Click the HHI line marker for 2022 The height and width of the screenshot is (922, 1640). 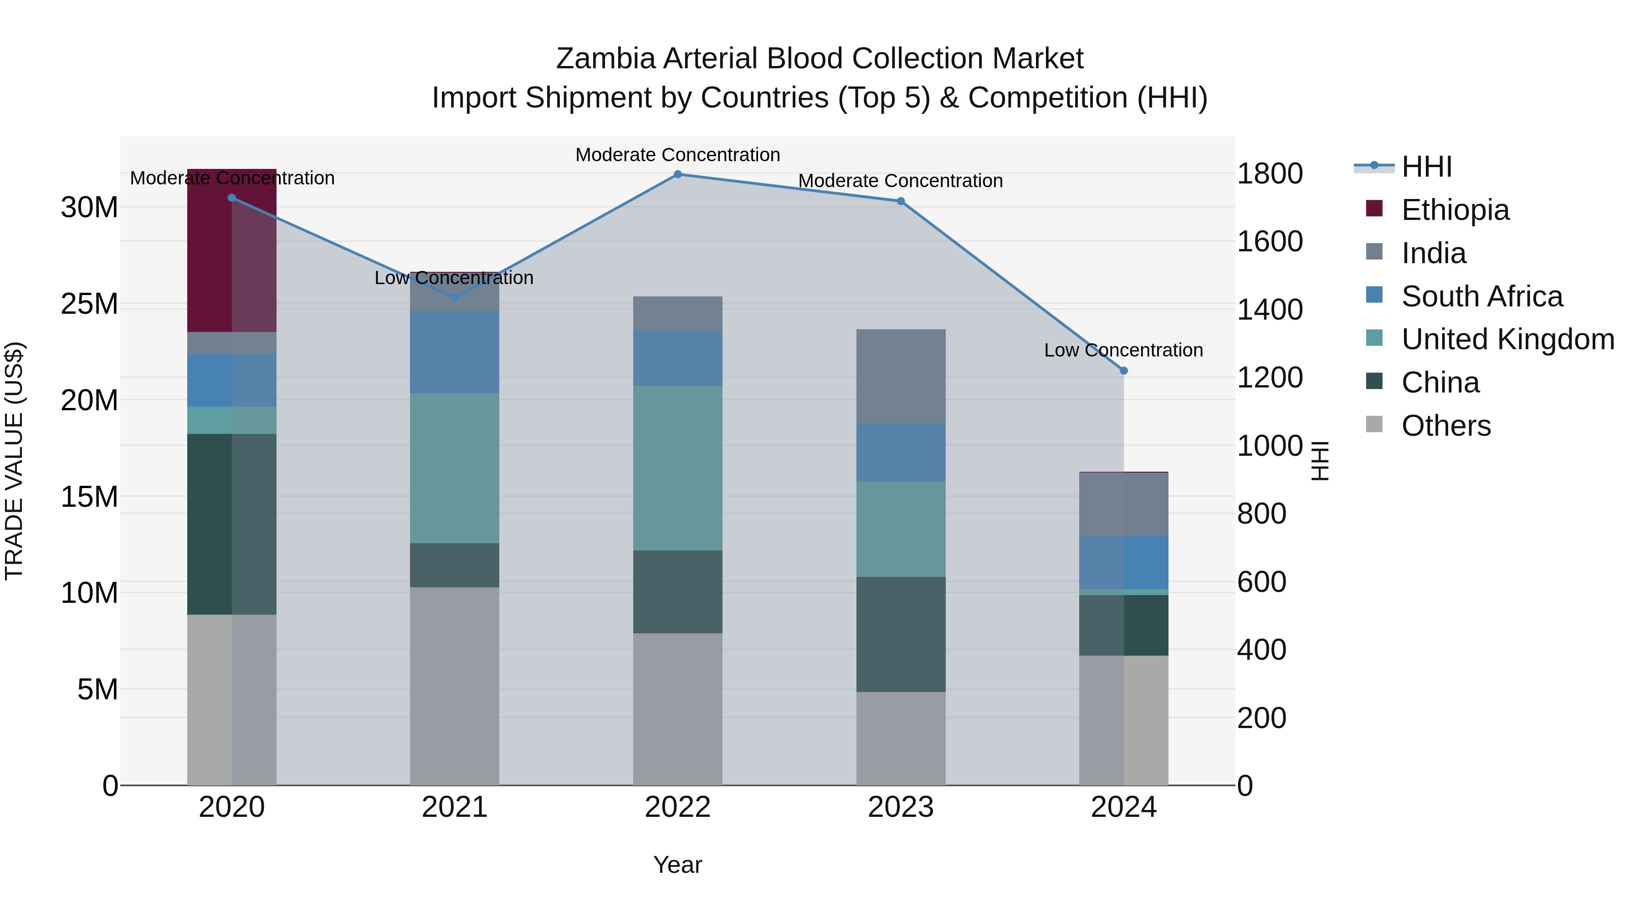[677, 174]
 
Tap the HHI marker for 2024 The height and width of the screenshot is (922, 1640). [1124, 370]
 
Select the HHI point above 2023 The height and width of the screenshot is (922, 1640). [901, 201]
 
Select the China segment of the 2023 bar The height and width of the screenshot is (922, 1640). [901, 634]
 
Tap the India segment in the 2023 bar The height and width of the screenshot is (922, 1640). [901, 376]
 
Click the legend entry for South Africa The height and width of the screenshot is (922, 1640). [1481, 296]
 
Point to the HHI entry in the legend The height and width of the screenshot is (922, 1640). [1426, 167]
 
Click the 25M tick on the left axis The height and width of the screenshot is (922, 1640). [89, 304]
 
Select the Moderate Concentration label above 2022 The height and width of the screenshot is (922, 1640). [677, 155]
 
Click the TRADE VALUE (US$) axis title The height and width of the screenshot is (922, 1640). [14, 461]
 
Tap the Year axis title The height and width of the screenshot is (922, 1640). [677, 865]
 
